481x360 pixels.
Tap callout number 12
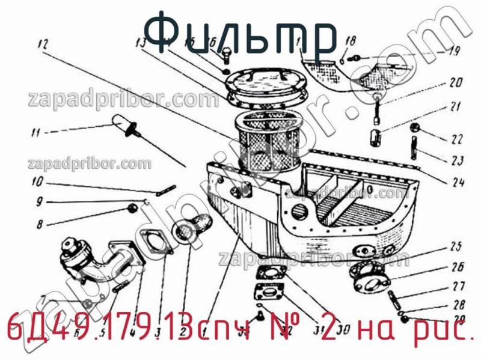click(x=41, y=43)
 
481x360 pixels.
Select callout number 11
click(x=35, y=132)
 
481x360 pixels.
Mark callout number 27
click(x=458, y=286)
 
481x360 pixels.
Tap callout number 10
click(x=38, y=182)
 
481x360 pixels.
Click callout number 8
click(x=40, y=225)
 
